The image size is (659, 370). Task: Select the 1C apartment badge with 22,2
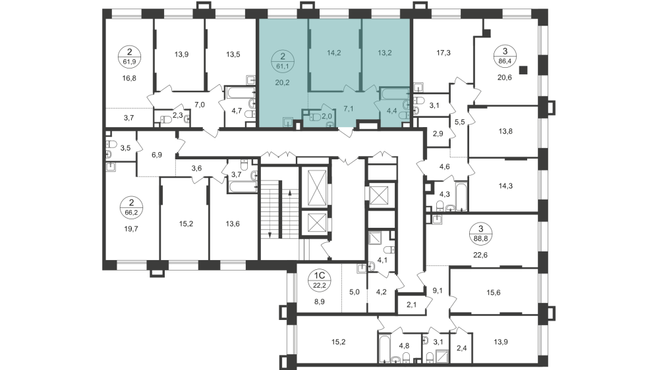pos(319,279)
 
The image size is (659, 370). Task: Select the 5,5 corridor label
pos(459,122)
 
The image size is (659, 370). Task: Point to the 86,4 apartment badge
pos(505,55)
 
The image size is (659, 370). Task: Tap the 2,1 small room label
pos(412,305)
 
